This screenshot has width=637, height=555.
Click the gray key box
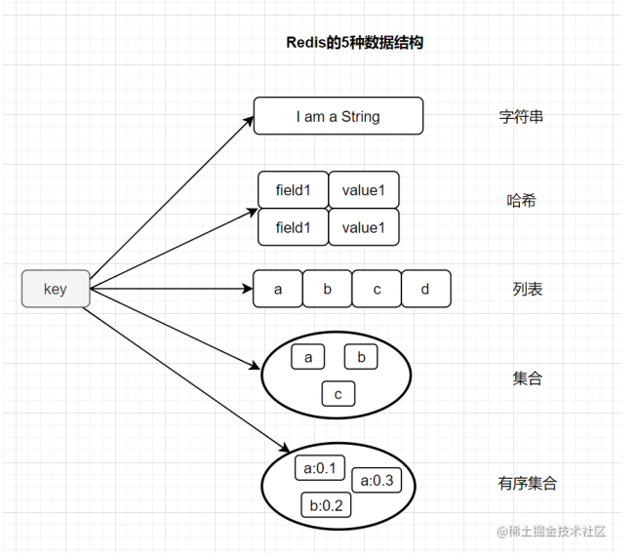(x=56, y=290)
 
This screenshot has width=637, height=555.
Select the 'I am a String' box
(x=338, y=116)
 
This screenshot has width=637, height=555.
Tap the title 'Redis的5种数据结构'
(x=354, y=43)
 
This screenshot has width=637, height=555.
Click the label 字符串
(x=521, y=117)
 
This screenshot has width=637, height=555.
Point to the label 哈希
(x=522, y=201)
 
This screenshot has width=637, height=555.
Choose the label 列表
(x=528, y=290)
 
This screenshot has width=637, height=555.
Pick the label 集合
(x=528, y=378)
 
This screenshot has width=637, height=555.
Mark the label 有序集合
(x=528, y=483)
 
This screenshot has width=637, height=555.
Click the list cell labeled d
(x=426, y=290)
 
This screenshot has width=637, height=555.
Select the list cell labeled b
(x=328, y=290)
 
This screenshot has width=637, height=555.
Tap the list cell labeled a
(x=278, y=290)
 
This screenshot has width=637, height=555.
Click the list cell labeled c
(x=377, y=290)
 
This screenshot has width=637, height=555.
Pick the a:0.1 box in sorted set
(x=320, y=469)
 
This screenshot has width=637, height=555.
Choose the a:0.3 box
(x=377, y=480)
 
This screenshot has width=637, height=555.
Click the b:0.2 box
(x=326, y=505)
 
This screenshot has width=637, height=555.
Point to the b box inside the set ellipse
(x=361, y=358)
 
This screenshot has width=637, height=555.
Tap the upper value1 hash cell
(x=364, y=190)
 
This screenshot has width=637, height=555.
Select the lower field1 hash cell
(x=293, y=227)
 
